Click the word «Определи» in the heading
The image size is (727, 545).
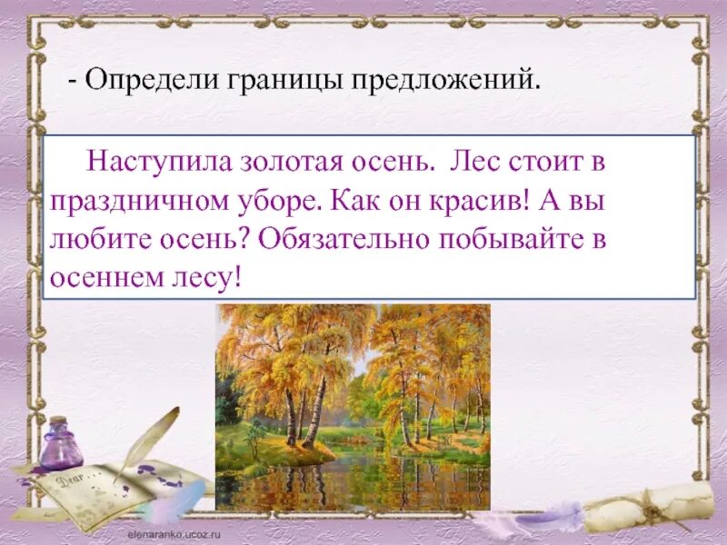click(139, 81)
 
